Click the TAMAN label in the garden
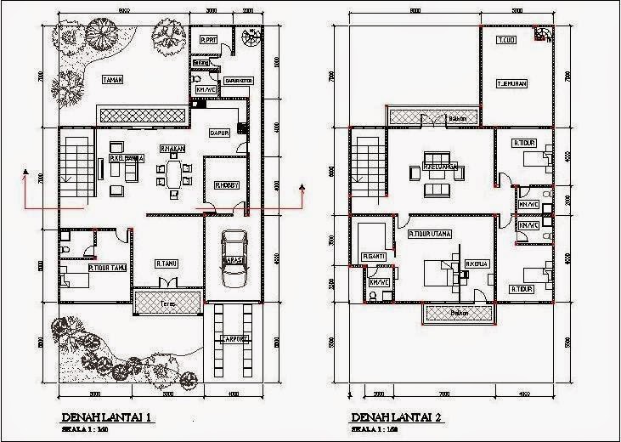pos(113,80)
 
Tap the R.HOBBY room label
pos(224,184)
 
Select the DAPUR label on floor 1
pos(220,133)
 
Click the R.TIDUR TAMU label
pos(107,268)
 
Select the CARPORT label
pos(232,338)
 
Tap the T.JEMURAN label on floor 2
pos(514,82)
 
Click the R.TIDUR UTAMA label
pos(429,233)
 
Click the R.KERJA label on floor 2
pos(475,263)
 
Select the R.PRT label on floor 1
pos(209,39)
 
